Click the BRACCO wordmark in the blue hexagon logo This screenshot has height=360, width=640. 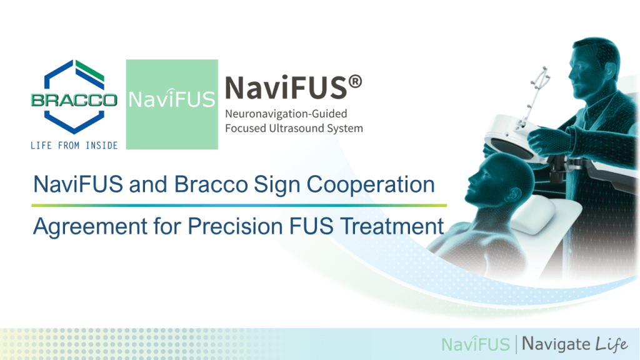pyautogui.click(x=74, y=100)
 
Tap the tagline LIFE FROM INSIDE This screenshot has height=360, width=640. pyautogui.click(x=74, y=146)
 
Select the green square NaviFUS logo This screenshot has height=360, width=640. pyautogui.click(x=172, y=104)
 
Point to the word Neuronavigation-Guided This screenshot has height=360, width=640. pyautogui.click(x=286, y=115)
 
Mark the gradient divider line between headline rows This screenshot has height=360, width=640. pyautogui.click(x=239, y=205)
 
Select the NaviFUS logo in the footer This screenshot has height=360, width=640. pyautogui.click(x=476, y=344)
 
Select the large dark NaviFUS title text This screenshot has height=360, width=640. pyautogui.click(x=285, y=88)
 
